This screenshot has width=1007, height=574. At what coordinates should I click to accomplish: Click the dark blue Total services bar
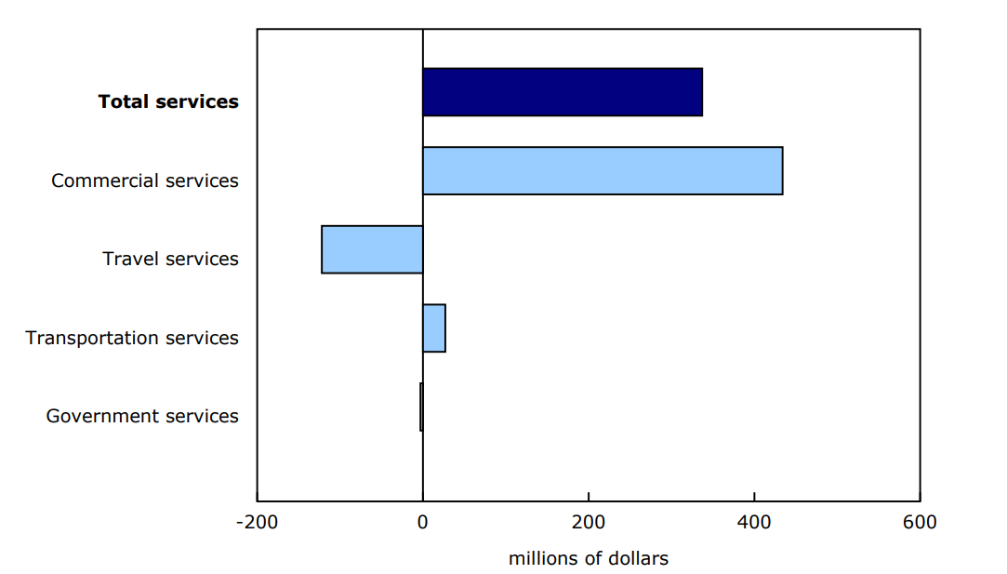click(x=562, y=92)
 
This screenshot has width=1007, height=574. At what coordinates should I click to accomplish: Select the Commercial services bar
click(x=602, y=170)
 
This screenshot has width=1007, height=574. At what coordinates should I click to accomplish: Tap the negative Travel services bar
click(x=372, y=249)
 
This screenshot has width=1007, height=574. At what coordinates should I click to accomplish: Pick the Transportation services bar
click(x=433, y=327)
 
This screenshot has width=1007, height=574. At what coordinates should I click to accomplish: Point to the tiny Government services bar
click(x=421, y=407)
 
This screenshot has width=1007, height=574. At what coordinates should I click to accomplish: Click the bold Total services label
click(x=168, y=101)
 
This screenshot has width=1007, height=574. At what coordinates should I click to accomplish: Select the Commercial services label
click(x=145, y=180)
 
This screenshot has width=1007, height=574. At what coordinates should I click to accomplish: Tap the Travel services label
click(x=170, y=259)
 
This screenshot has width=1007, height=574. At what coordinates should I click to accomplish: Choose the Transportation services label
click(x=132, y=338)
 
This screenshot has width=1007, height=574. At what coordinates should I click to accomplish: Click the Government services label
click(x=142, y=416)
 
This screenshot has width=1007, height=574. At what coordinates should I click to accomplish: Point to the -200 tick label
click(x=256, y=522)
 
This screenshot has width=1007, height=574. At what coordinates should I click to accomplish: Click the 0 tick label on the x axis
click(x=422, y=522)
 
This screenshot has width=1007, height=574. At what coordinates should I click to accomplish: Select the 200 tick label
click(x=589, y=522)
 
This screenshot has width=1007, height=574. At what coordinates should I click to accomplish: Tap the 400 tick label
click(x=754, y=522)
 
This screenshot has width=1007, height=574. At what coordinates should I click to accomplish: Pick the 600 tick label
click(x=920, y=522)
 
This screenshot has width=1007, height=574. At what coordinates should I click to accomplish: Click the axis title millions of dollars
click(x=588, y=558)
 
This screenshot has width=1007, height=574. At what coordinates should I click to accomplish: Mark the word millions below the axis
click(x=545, y=558)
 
